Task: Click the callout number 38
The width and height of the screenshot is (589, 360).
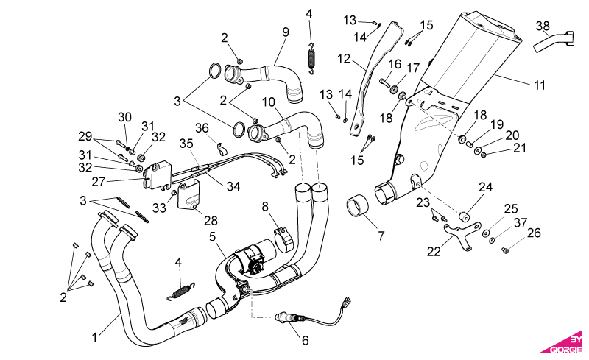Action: pyautogui.click(x=543, y=27)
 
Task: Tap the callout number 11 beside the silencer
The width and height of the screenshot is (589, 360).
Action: pyautogui.click(x=540, y=85)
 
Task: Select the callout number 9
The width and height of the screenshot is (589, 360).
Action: pyautogui.click(x=286, y=32)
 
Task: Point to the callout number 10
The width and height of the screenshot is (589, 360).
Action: pyautogui.click(x=269, y=102)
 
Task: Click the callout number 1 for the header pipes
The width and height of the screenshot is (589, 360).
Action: pyautogui.click(x=95, y=337)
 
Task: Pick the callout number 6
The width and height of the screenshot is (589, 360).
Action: pyautogui.click(x=305, y=340)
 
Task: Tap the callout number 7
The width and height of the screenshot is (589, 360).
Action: pyautogui.click(x=381, y=236)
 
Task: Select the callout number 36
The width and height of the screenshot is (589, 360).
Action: pyautogui.click(x=202, y=128)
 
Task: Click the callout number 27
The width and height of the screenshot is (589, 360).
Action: pyautogui.click(x=99, y=182)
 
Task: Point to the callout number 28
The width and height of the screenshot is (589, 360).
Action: pyautogui.click(x=211, y=220)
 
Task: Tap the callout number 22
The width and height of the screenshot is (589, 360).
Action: pyautogui.click(x=434, y=251)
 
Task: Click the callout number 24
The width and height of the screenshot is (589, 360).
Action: pyautogui.click(x=485, y=187)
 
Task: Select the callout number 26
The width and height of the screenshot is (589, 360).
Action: pyautogui.click(x=534, y=233)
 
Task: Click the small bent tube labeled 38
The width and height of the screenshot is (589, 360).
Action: pyautogui.click(x=554, y=41)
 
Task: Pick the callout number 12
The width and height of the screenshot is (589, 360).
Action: pyautogui.click(x=344, y=59)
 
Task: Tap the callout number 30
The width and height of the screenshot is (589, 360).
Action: pyautogui.click(x=124, y=117)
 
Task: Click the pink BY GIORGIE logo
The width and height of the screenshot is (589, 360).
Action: pyautogui.click(x=563, y=344)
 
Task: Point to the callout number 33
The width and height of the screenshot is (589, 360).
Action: pyautogui.click(x=159, y=208)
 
